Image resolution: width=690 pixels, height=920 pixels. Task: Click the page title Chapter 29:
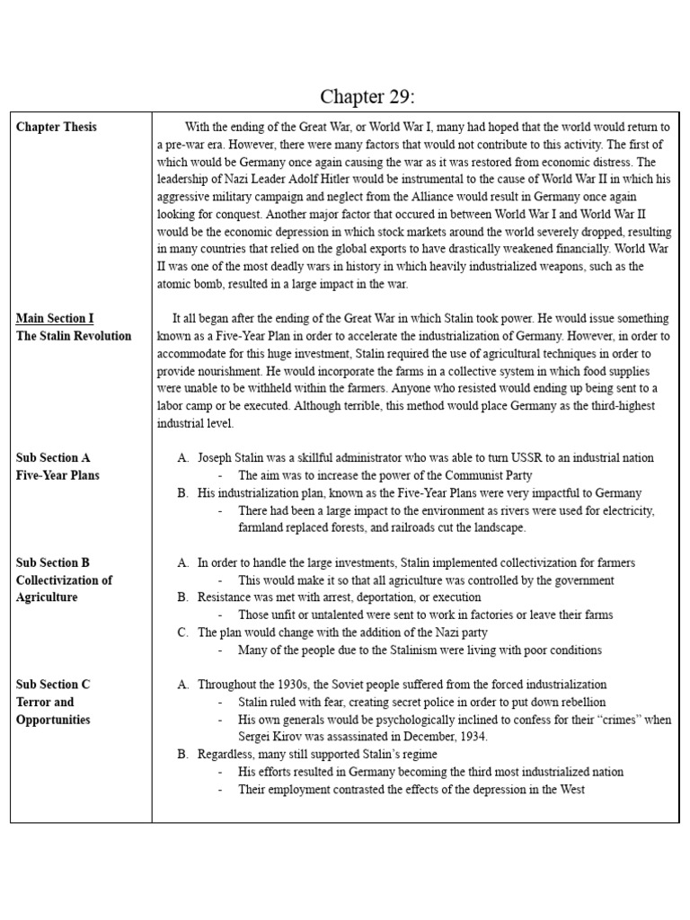coord(368,96)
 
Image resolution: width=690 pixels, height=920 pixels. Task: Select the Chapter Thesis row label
coord(57,127)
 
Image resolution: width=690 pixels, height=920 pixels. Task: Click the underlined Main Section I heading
coord(55,318)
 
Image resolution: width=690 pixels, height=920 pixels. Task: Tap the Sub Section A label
coord(53,457)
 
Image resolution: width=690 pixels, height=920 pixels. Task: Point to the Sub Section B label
coord(53,562)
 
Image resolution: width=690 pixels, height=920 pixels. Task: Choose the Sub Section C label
coord(53,684)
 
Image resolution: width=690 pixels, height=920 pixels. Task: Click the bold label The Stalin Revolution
coord(74,335)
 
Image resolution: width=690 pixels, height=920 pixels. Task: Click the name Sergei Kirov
coord(270,737)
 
